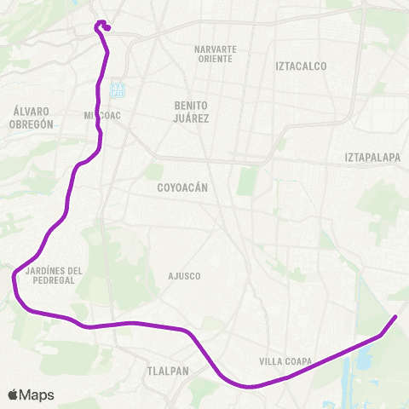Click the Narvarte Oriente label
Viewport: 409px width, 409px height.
point(215,54)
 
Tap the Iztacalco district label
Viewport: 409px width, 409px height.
point(301,66)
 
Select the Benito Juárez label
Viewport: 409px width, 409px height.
point(192,112)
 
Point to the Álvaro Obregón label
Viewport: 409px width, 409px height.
point(34,117)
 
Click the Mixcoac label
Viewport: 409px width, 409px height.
point(100,114)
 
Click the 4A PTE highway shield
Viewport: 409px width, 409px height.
point(117,89)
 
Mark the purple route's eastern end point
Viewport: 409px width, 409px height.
point(395,317)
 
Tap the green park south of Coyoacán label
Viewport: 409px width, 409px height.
point(247,181)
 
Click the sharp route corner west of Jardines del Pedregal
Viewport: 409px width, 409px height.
point(14,274)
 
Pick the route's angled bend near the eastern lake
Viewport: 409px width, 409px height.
point(379,335)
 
